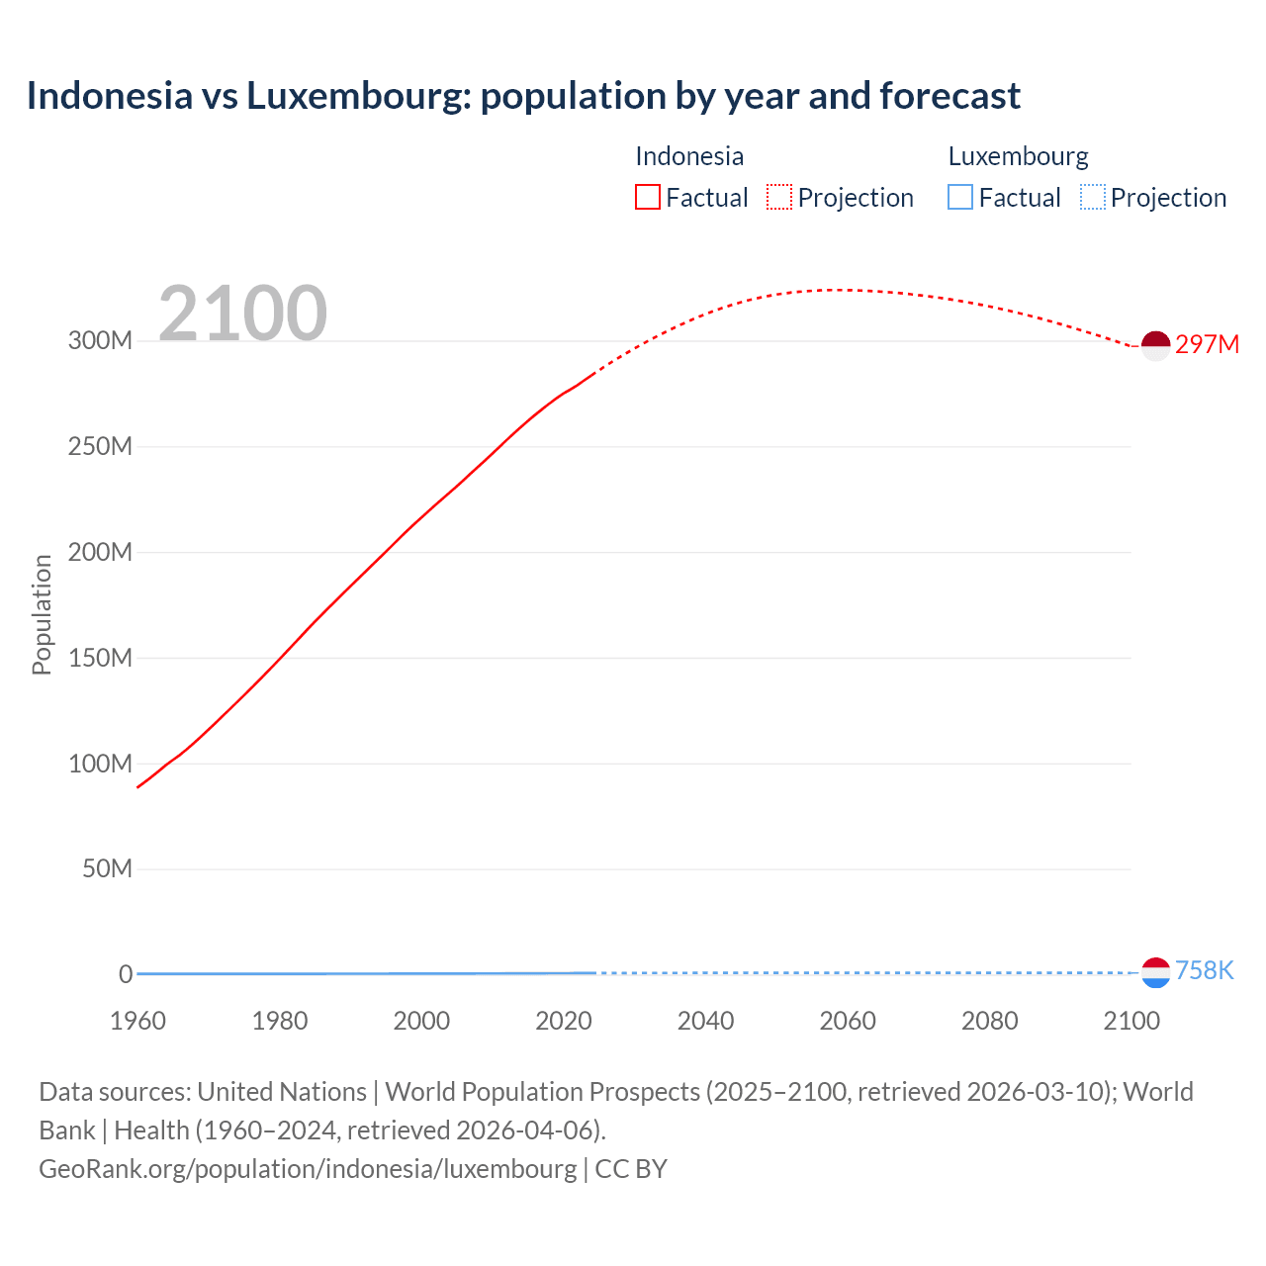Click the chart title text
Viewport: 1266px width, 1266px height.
(523, 96)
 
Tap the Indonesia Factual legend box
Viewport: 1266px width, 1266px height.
(648, 197)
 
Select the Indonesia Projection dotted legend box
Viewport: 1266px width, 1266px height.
(779, 197)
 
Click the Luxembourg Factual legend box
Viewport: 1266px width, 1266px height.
(960, 197)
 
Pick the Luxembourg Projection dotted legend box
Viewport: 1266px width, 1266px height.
(1093, 197)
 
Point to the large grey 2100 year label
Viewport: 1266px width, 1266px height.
(242, 314)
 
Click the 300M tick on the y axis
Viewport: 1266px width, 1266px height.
(100, 341)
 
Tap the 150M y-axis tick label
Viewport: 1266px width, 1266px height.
(100, 658)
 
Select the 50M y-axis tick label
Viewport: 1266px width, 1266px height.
(107, 869)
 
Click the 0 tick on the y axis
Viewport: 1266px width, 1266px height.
(126, 974)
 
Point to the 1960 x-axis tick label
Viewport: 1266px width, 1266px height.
(137, 1021)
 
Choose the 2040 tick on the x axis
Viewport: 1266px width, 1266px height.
(705, 1021)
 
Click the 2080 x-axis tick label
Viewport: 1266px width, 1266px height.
(989, 1021)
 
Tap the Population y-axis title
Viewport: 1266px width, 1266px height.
(42, 614)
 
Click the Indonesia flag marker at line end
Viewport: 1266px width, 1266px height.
(1155, 345)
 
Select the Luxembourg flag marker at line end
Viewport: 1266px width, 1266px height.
(1155, 972)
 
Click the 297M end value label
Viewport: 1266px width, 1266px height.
(1207, 344)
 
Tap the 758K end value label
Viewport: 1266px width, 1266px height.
(1204, 970)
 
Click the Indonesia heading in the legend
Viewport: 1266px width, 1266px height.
(689, 156)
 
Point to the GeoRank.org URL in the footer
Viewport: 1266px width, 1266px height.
(308, 1168)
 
